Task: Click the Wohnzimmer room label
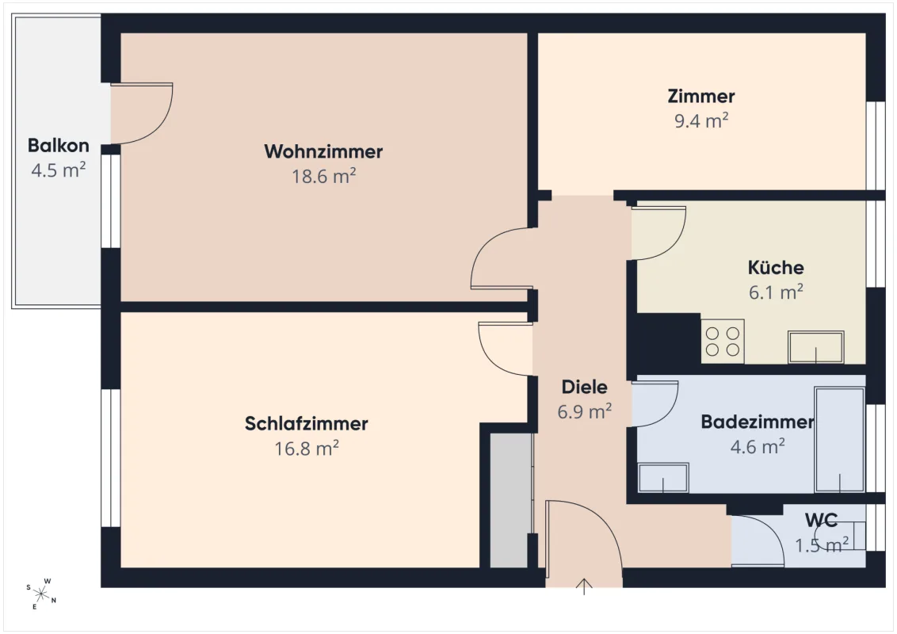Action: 323,151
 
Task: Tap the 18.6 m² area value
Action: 324,176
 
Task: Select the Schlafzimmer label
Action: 306,423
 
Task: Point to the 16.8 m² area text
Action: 307,448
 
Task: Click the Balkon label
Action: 59,145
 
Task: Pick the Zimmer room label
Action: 700,96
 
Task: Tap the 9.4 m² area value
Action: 701,120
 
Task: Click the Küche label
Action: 776,267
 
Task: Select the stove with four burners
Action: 723,341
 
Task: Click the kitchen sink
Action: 815,347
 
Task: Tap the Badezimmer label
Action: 758,422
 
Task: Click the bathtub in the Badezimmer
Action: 840,440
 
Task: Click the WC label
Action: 821,520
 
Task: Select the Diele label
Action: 584,387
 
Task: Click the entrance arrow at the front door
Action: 583,587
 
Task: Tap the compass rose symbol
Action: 41,594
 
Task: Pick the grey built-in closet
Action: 511,500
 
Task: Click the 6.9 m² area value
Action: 585,411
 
